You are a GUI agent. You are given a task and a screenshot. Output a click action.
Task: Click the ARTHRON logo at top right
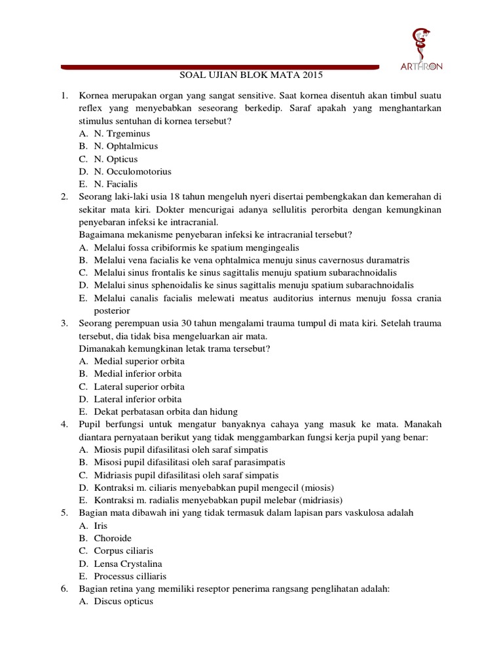(421, 49)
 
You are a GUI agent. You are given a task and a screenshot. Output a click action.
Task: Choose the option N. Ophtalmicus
(126, 146)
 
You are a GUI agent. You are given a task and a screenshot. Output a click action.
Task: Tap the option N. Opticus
(116, 159)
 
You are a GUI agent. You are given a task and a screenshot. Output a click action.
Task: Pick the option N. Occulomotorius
(132, 172)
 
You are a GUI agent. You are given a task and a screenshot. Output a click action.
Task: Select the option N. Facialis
(116, 184)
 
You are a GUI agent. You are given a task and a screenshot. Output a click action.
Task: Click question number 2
(65, 197)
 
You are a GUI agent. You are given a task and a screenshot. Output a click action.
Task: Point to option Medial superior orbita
(139, 361)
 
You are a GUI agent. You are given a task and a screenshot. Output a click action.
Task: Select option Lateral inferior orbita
(138, 399)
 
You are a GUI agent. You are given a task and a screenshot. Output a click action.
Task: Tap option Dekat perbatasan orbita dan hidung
(166, 412)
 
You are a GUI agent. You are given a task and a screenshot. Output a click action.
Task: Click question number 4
(65, 424)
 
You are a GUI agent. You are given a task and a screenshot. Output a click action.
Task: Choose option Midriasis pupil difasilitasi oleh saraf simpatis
(186, 475)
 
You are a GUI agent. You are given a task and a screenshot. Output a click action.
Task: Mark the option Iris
(101, 526)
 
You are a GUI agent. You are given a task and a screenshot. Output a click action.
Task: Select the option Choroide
(113, 538)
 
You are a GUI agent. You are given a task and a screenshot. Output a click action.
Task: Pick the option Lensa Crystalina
(128, 564)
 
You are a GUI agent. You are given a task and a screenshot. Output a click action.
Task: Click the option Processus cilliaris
(130, 576)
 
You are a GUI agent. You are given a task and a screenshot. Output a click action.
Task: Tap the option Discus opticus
(123, 602)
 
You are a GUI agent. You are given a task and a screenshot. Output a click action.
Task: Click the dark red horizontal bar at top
(220, 66)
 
